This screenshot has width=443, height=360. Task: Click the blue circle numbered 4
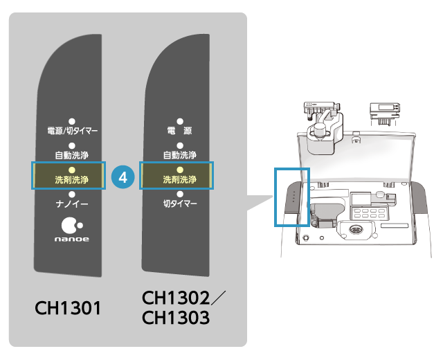pyautogui.click(x=123, y=177)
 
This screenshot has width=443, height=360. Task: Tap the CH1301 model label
pyautogui.click(x=69, y=307)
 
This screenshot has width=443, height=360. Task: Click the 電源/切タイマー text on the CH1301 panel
pyautogui.click(x=72, y=130)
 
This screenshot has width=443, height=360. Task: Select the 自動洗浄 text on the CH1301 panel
pyautogui.click(x=72, y=154)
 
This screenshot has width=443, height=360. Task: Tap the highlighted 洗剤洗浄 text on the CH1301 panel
pyautogui.click(x=72, y=180)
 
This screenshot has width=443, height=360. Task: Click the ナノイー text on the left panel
pyautogui.click(x=72, y=205)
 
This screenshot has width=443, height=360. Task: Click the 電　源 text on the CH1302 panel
pyautogui.click(x=179, y=130)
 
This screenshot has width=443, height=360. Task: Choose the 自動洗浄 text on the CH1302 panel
pyautogui.click(x=179, y=154)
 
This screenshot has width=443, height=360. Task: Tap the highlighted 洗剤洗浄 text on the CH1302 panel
pyautogui.click(x=179, y=180)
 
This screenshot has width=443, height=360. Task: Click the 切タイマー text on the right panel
pyautogui.click(x=179, y=205)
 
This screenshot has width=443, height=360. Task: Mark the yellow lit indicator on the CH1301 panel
pyautogui.click(x=72, y=170)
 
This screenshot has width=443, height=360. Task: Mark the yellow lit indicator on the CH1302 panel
pyautogui.click(x=179, y=170)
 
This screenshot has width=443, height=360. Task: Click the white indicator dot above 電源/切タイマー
pyautogui.click(x=72, y=120)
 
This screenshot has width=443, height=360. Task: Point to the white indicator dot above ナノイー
pyautogui.click(x=72, y=195)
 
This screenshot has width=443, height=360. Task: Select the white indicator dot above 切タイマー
pyautogui.click(x=179, y=195)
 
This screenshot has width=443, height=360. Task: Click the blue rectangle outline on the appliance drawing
pyautogui.click(x=292, y=197)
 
